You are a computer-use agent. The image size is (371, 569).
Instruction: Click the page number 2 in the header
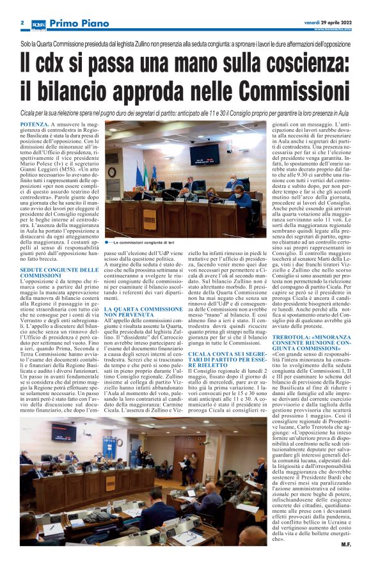tap(22, 22)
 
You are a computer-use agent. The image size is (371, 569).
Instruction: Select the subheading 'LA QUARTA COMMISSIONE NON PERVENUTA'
tap(138, 312)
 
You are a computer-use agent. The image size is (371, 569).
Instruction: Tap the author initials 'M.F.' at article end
tap(345, 543)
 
